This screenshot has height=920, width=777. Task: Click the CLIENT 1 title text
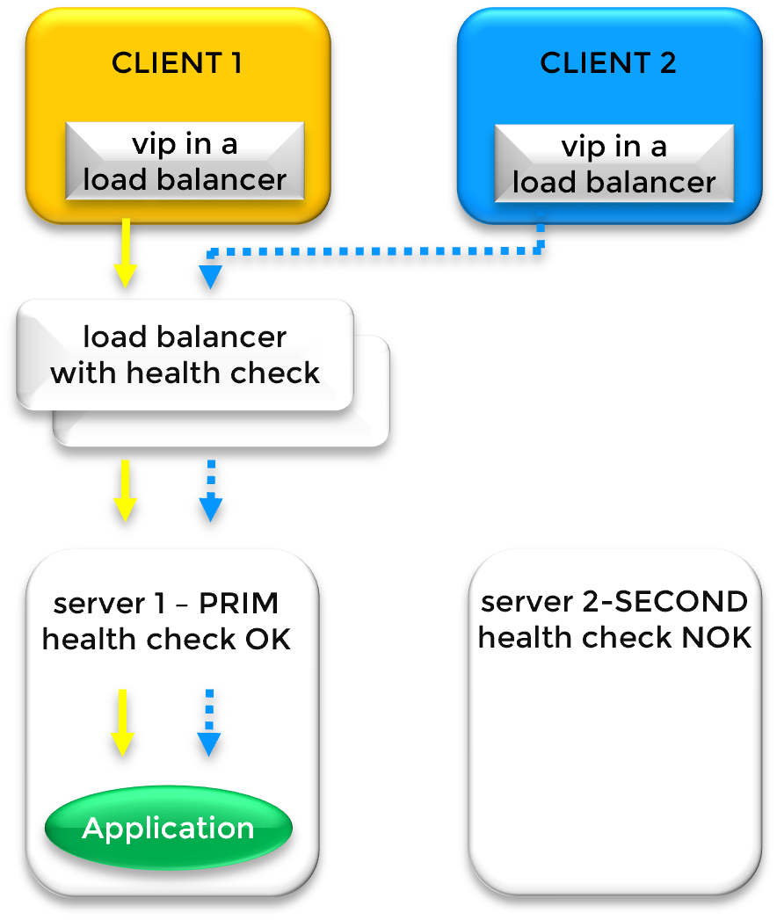tap(176, 63)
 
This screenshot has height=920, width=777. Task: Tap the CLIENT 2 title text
tap(608, 63)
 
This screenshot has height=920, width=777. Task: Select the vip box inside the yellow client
tap(185, 163)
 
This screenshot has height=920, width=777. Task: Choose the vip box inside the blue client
tap(614, 163)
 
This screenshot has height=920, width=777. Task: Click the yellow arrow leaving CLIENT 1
tap(126, 252)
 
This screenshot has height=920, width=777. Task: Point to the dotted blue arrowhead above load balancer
tap(210, 277)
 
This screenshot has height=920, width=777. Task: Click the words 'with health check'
tap(185, 373)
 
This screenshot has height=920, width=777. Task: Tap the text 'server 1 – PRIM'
tap(166, 604)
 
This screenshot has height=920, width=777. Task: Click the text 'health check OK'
tap(166, 639)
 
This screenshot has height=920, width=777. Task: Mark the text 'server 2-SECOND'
tap(614, 602)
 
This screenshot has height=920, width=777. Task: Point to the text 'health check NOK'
tap(614, 637)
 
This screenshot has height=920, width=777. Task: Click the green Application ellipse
tap(168, 828)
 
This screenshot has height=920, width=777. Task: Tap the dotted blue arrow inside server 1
tap(208, 722)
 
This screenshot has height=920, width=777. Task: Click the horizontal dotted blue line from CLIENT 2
tap(378, 251)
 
